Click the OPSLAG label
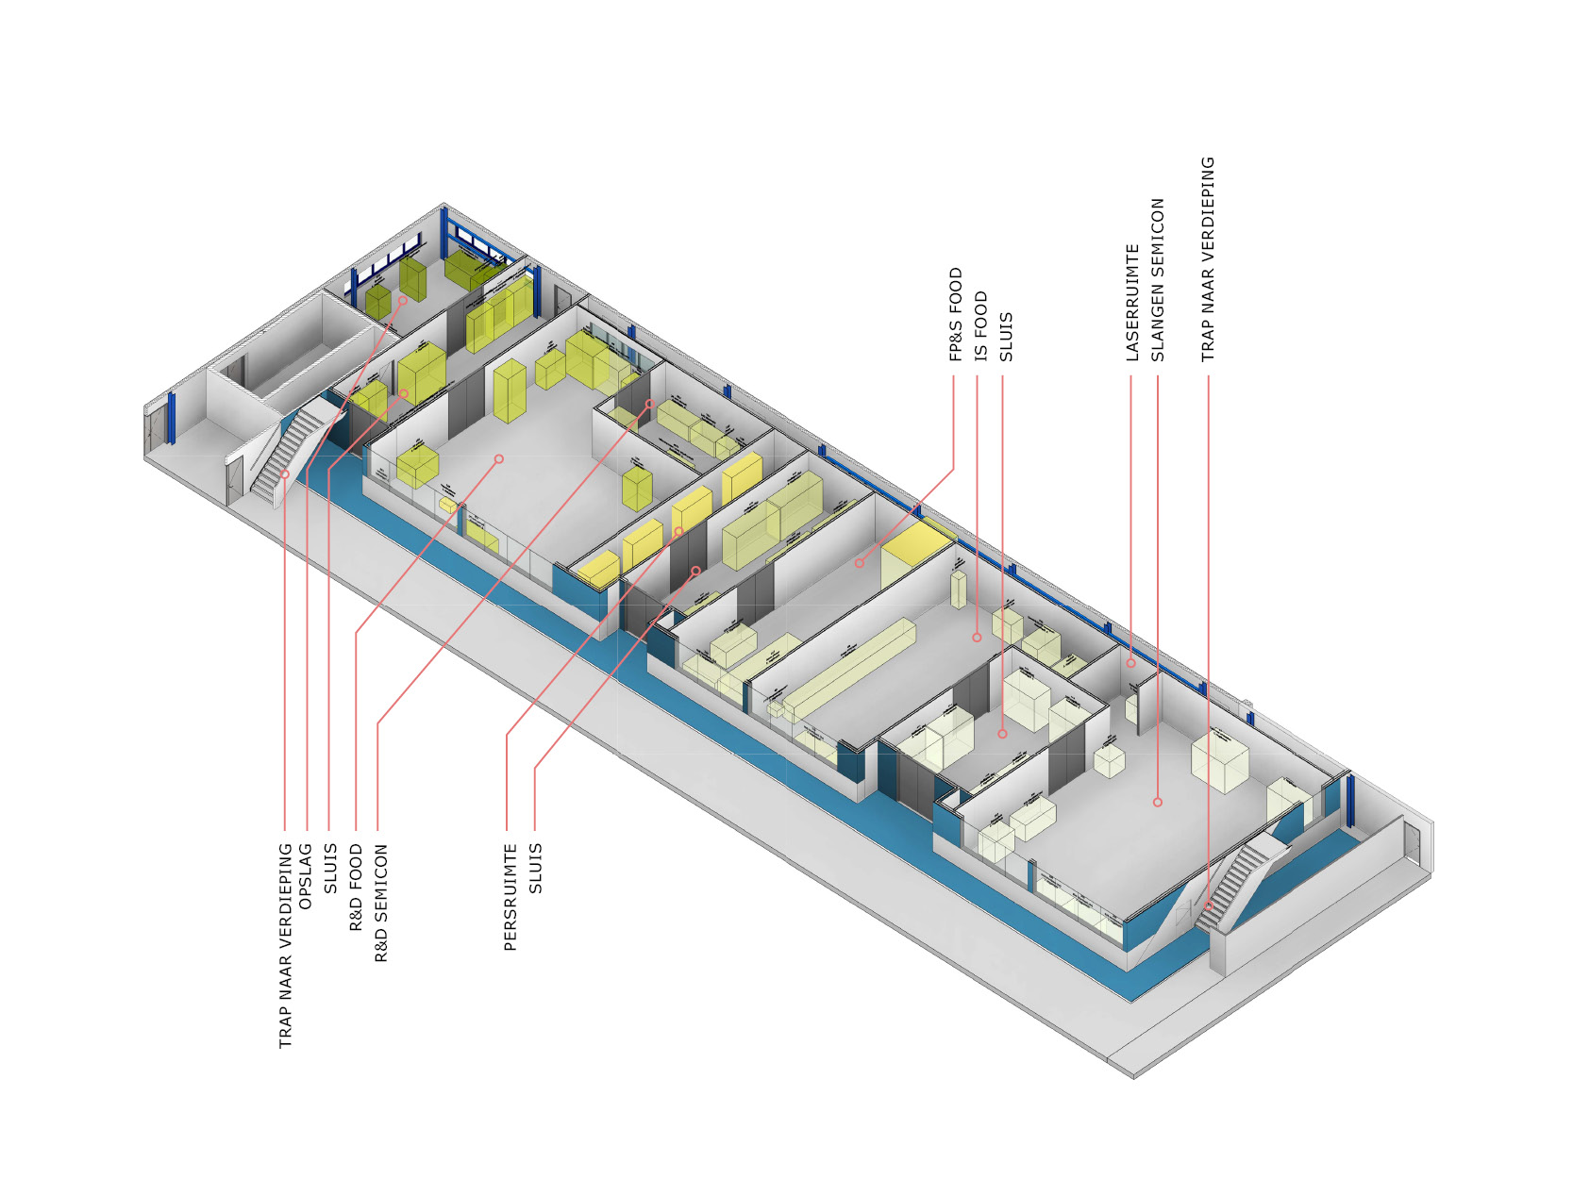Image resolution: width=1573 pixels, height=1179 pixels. pyautogui.click(x=306, y=876)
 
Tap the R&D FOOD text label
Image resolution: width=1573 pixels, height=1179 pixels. pyautogui.click(x=356, y=888)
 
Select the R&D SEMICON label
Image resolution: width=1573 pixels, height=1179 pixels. pyautogui.click(x=381, y=903)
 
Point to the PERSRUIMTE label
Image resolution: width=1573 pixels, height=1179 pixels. pyautogui.click(x=510, y=897)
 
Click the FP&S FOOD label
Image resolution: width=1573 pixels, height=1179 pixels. pyautogui.click(x=956, y=314)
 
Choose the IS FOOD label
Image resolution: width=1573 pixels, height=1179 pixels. pyautogui.click(x=981, y=325)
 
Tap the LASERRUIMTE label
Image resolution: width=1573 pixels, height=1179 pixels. pyautogui.click(x=1132, y=302)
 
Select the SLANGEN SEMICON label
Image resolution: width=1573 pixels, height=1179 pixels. pyautogui.click(x=1158, y=279)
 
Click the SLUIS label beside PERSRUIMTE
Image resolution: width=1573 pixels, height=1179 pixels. pyautogui.click(x=536, y=868)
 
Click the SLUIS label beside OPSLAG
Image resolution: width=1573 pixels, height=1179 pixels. pyautogui.click(x=330, y=868)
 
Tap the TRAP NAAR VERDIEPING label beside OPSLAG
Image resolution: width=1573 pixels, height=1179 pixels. pyautogui.click(x=286, y=946)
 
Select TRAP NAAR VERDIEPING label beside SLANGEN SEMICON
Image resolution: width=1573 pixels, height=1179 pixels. pyautogui.click(x=1208, y=259)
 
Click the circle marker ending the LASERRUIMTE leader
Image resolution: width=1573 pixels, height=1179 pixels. pyautogui.click(x=1130, y=663)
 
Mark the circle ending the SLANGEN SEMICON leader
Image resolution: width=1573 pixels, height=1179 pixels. pyautogui.click(x=1158, y=802)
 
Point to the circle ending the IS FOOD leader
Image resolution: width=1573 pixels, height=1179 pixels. pyautogui.click(x=977, y=638)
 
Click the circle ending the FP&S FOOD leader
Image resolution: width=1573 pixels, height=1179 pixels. pyautogui.click(x=859, y=563)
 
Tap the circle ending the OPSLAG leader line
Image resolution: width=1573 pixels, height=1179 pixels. pyautogui.click(x=403, y=301)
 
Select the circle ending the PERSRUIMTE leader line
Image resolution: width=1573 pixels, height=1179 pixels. pyautogui.click(x=678, y=532)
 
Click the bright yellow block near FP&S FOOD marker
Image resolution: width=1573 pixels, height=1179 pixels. pyautogui.click(x=913, y=550)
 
